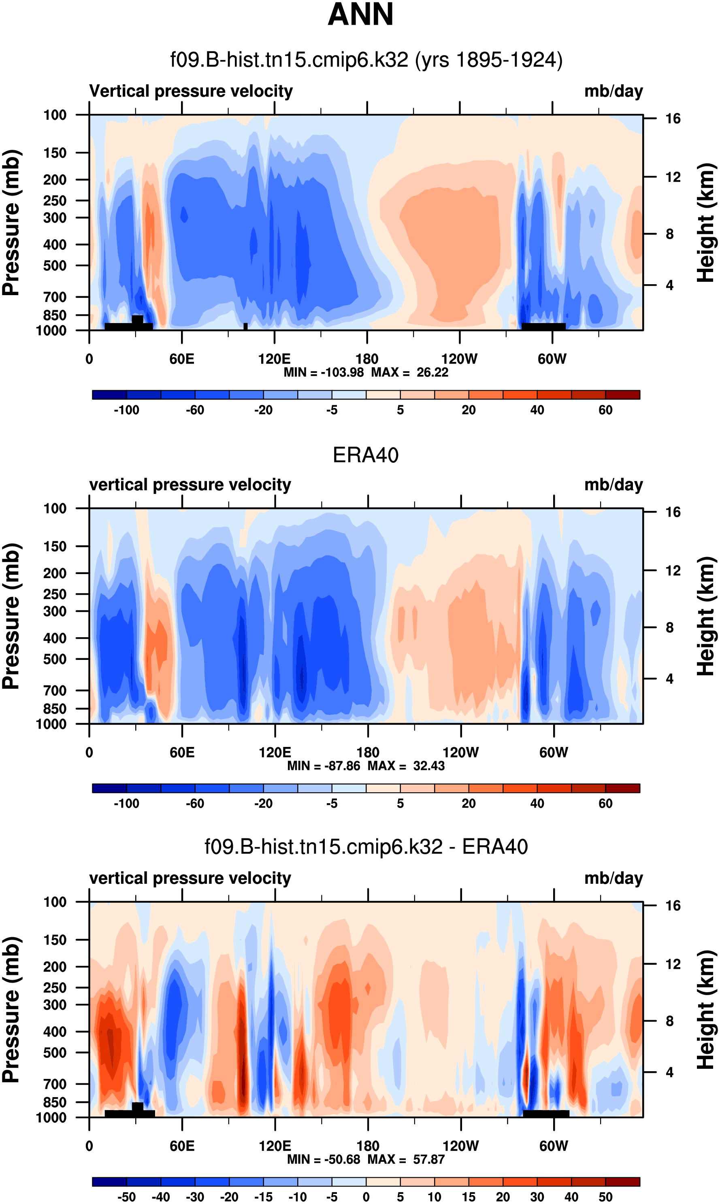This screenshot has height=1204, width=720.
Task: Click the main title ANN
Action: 360,15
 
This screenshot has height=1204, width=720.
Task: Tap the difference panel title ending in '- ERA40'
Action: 366,847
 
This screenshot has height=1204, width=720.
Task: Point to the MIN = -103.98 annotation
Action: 324,372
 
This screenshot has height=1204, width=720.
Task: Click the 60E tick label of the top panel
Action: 182,359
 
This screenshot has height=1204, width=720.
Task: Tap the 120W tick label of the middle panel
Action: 460,753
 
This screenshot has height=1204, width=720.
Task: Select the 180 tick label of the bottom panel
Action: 368,1146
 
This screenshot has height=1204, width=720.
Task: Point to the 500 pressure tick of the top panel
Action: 55,266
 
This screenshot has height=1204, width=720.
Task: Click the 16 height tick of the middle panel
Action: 673,512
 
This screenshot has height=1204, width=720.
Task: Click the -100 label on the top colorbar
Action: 127,410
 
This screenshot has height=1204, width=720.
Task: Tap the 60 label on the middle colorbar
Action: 605,804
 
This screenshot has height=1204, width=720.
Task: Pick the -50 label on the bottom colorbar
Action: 127,1197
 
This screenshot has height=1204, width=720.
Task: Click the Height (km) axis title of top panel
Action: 706,223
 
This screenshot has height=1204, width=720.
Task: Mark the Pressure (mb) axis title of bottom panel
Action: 11,1010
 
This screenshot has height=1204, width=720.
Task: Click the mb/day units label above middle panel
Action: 613,485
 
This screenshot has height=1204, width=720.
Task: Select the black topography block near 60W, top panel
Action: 543,326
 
